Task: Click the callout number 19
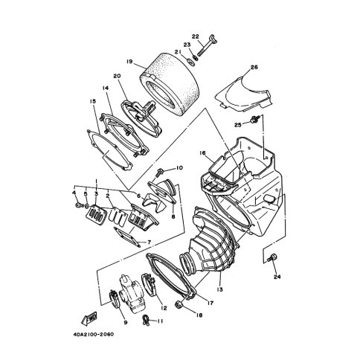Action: click(x=129, y=62)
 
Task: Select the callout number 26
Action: click(x=254, y=67)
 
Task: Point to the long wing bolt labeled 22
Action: click(x=205, y=46)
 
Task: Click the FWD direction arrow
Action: click(x=89, y=319)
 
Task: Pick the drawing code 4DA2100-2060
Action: click(x=94, y=335)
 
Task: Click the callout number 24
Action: click(x=277, y=277)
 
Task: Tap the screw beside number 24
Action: click(x=272, y=257)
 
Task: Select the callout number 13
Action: click(x=220, y=289)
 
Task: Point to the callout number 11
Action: click(x=160, y=321)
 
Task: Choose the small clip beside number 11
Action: click(x=145, y=320)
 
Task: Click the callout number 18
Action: click(x=199, y=315)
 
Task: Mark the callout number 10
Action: click(x=179, y=168)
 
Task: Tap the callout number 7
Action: click(x=149, y=242)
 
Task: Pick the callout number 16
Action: click(x=202, y=153)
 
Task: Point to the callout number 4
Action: click(x=74, y=193)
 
